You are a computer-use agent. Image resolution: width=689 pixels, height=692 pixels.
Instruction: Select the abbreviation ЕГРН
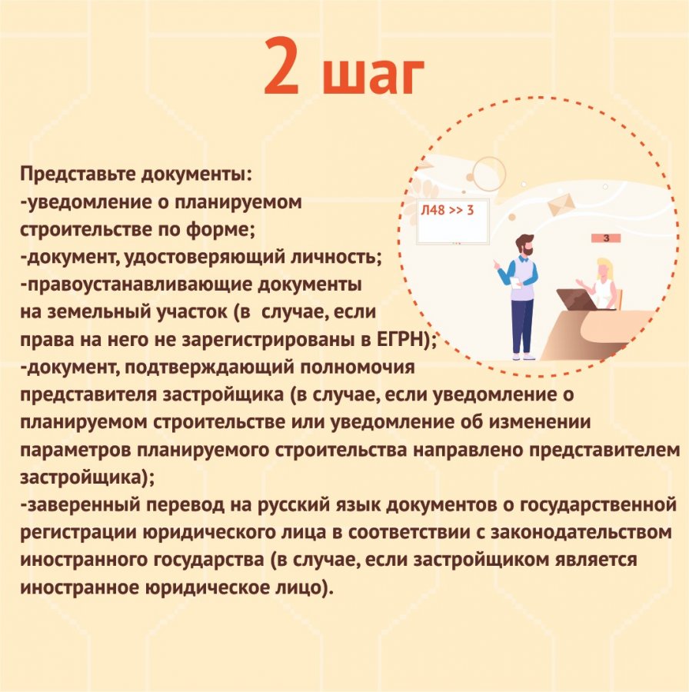399,339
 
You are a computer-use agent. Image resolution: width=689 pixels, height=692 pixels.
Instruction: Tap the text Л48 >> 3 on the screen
447,210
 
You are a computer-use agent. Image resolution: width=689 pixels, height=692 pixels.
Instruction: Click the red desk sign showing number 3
606,238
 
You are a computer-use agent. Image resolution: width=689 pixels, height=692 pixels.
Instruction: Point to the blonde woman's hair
604,268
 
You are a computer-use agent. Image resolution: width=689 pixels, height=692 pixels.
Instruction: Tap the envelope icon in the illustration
561,205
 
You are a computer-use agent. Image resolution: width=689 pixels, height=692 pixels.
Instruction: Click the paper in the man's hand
516,283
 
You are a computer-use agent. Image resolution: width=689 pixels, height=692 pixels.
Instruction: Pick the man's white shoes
524,356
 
